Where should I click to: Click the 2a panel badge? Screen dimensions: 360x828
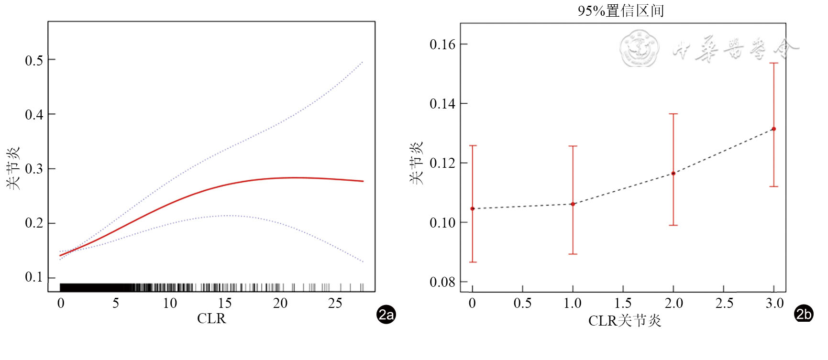(x=386, y=315)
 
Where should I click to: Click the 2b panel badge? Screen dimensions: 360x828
(x=804, y=314)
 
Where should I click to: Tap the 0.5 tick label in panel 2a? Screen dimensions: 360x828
(x=34, y=60)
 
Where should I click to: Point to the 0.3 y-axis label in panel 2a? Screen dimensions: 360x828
(x=34, y=169)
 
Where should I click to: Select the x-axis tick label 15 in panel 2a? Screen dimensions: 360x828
(x=224, y=303)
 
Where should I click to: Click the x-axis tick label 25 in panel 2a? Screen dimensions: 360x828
(x=335, y=303)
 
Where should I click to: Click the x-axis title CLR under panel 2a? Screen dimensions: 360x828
(x=211, y=318)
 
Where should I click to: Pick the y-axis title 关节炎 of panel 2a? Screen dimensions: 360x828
(x=13, y=168)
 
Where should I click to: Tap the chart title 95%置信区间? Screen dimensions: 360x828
(x=620, y=11)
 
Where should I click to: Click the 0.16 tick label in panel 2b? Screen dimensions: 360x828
(x=442, y=44)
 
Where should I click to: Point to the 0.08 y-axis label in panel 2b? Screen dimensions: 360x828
(x=442, y=282)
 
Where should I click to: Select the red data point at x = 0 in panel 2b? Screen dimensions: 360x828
(x=473, y=209)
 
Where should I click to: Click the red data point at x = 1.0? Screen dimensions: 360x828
(x=573, y=204)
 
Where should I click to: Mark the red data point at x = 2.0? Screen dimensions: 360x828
(x=673, y=174)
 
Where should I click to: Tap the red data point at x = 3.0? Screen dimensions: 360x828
(x=773, y=129)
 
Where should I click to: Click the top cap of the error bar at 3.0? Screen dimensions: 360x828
(x=773, y=63)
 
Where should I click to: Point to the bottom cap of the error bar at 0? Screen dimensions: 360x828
(x=473, y=262)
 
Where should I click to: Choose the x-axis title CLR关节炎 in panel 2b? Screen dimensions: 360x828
(x=624, y=320)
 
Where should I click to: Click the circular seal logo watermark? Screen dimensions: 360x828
(x=639, y=48)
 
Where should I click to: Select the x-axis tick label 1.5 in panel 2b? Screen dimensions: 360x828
(x=623, y=303)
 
